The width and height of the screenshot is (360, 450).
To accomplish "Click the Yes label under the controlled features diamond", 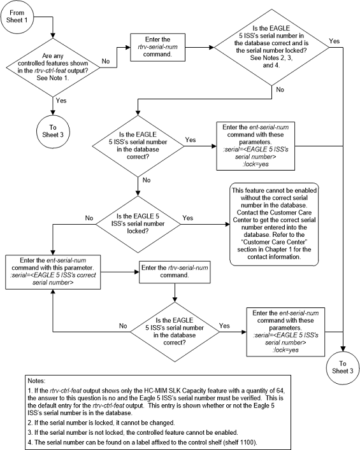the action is tap(61, 101).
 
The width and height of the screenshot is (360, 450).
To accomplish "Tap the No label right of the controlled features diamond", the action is tap(106, 61).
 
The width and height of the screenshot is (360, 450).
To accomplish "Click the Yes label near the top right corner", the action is tap(335, 41).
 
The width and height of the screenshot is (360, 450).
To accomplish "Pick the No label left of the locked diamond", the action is tap(89, 218).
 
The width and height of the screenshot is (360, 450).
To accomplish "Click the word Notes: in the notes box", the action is tap(36, 381).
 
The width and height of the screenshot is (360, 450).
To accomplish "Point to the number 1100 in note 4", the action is tap(248, 442).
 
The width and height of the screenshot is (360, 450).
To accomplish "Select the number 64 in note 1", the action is tap(281, 391).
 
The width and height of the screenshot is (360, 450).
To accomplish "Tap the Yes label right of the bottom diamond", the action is tap(224, 326).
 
